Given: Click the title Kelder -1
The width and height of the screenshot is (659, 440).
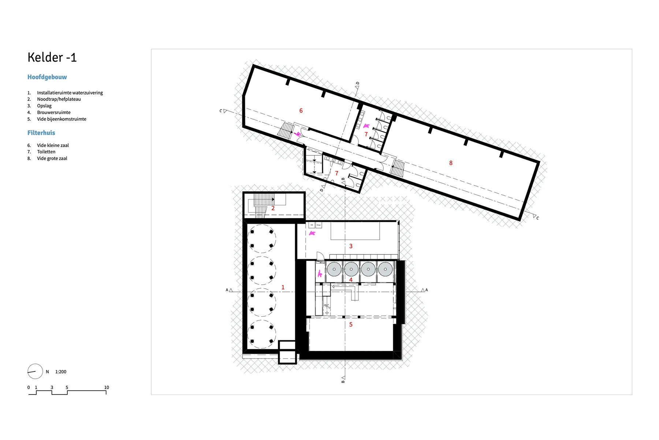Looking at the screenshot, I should (52, 58).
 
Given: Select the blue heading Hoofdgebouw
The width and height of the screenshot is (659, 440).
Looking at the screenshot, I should (47, 77).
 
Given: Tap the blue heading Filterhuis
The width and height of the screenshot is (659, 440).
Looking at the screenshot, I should (41, 133).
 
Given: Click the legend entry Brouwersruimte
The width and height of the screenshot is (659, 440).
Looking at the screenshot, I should (53, 113).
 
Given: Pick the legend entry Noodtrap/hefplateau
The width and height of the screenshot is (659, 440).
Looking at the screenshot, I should (59, 99).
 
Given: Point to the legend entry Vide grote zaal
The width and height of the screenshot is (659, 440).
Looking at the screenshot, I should (52, 158).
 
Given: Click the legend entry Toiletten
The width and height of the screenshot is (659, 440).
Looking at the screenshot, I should (46, 152).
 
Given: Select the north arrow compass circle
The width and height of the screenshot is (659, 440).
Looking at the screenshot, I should (35, 371).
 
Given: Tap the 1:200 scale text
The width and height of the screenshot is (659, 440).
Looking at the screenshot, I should (61, 372).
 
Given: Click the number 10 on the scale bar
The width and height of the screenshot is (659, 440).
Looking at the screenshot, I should (107, 388).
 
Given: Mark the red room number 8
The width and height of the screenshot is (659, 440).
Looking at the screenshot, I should (451, 163).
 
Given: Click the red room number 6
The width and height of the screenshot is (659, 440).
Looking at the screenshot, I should (301, 111).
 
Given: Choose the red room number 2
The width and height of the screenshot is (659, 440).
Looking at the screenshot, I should (273, 208).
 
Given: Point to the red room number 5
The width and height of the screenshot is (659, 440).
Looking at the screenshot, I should (351, 324).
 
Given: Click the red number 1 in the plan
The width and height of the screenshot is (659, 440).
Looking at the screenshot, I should (283, 287).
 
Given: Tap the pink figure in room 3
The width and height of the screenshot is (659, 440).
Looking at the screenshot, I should (312, 233).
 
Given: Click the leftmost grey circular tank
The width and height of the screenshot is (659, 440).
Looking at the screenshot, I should (334, 269).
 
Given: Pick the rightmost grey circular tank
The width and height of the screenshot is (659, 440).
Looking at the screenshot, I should (385, 269).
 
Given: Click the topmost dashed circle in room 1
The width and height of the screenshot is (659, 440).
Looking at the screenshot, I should (261, 239).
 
